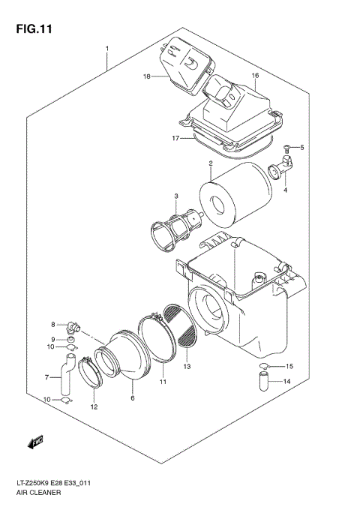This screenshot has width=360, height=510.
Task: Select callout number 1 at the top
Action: coord(107,49)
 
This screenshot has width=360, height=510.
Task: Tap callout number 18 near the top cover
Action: coord(147,76)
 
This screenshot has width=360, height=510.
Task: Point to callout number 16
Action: coord(255,76)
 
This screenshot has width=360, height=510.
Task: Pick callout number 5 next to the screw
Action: coord(301,148)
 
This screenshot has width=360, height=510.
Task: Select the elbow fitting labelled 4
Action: coord(283,167)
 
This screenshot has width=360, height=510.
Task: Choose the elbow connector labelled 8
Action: coord(72,325)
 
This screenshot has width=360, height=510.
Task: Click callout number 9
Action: coord(53,339)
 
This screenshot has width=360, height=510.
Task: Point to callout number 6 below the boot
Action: coord(133,398)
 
